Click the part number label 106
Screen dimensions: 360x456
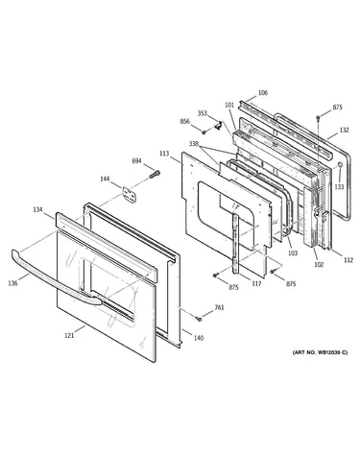click(x=263, y=93)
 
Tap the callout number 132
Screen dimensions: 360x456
click(x=345, y=130)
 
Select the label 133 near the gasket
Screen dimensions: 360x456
click(x=340, y=186)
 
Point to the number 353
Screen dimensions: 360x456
click(x=203, y=113)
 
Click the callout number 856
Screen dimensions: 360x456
click(x=184, y=122)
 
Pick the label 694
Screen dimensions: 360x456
click(x=136, y=161)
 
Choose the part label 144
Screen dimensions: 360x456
click(x=105, y=179)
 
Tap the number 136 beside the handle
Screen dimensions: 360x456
click(x=12, y=283)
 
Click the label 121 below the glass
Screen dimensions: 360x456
click(x=69, y=335)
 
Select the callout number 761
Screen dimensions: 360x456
click(x=219, y=307)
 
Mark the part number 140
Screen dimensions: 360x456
click(x=199, y=338)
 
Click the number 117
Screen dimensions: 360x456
click(x=256, y=283)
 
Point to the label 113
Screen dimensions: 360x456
click(x=164, y=154)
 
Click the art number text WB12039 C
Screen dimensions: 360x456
click(x=332, y=352)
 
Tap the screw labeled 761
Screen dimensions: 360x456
click(x=199, y=319)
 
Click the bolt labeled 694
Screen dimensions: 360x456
click(x=155, y=175)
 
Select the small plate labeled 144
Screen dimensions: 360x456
click(x=129, y=194)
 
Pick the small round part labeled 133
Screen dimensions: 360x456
click(x=340, y=165)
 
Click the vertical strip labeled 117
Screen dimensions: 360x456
click(x=236, y=244)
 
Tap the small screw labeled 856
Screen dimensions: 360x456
click(x=204, y=132)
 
